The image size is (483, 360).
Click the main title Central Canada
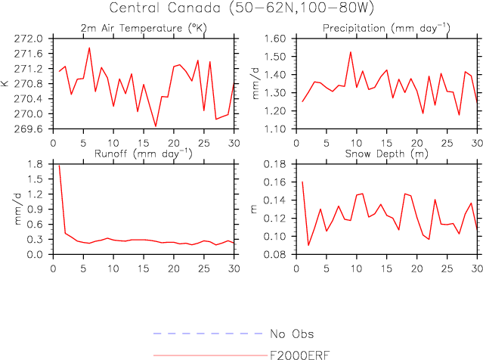click(241, 8)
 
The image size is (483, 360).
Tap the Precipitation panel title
click(385, 28)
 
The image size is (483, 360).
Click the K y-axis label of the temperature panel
click(6, 83)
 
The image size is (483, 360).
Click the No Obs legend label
click(292, 334)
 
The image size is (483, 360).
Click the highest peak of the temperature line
click(89, 48)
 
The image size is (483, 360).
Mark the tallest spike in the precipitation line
click(351, 51)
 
